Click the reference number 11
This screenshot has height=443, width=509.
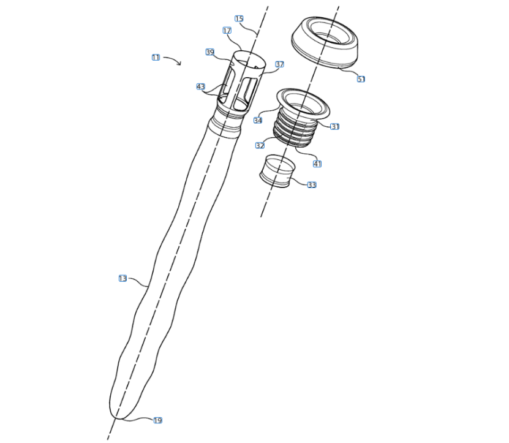click(x=156, y=58)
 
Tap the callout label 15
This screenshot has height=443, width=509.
click(x=239, y=18)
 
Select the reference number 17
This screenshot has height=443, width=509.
click(x=227, y=31)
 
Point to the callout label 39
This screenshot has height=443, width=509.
click(x=210, y=52)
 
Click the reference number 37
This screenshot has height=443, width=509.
click(x=279, y=64)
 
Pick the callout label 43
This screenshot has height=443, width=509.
click(x=201, y=87)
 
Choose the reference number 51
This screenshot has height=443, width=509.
click(x=361, y=79)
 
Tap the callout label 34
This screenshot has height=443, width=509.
click(x=258, y=121)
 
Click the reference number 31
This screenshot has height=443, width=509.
click(x=334, y=126)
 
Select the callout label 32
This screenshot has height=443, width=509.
click(x=260, y=145)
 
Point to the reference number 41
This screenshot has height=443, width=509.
click(x=317, y=164)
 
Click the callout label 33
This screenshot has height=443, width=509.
click(x=312, y=185)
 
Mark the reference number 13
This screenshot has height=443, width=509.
click(x=123, y=278)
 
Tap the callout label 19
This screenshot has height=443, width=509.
click(x=157, y=420)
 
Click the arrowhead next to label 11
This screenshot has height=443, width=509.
click(x=179, y=63)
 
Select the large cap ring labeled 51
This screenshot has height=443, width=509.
click(x=325, y=42)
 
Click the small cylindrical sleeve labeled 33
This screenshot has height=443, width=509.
click(x=277, y=171)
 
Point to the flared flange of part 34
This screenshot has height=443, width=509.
click(x=303, y=102)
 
